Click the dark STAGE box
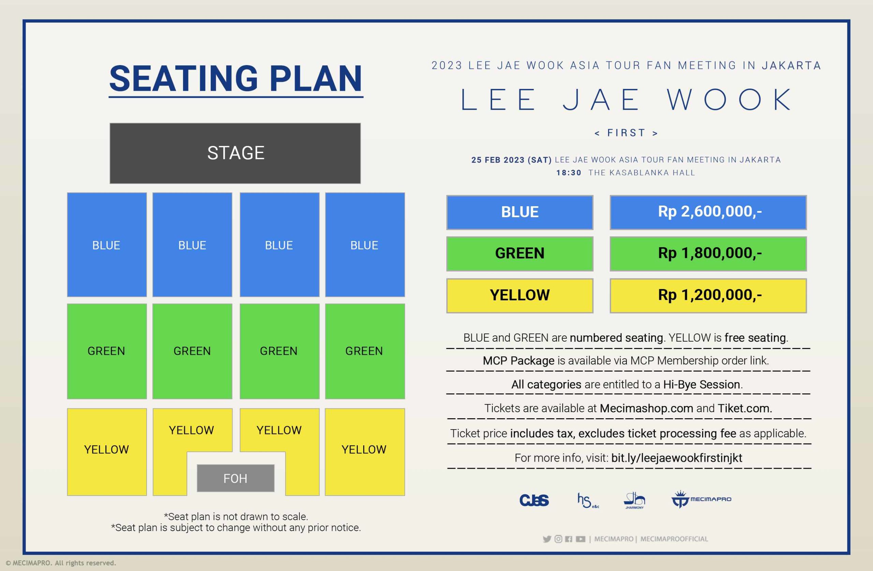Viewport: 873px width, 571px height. (x=235, y=153)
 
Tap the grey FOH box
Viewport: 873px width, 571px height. (x=236, y=478)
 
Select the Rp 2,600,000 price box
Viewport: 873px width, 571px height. (x=708, y=212)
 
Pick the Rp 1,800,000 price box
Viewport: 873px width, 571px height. (x=708, y=254)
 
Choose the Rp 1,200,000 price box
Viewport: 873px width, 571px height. (x=708, y=296)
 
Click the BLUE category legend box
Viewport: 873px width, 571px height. (x=520, y=212)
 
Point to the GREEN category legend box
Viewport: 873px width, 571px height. (x=520, y=254)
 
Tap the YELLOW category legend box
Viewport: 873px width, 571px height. (x=520, y=296)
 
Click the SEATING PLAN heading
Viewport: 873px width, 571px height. (x=236, y=79)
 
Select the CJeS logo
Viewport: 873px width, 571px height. (x=534, y=500)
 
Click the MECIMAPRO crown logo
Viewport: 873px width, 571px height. (x=701, y=499)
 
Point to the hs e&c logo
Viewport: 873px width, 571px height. (x=588, y=500)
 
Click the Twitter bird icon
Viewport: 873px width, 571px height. (x=547, y=539)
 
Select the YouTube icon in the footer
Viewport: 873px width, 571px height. (x=581, y=539)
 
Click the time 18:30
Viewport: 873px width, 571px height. (x=568, y=173)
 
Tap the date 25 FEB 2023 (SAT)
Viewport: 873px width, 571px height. (x=511, y=160)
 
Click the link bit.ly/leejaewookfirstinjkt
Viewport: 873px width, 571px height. (x=677, y=458)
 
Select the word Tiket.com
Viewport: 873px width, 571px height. (x=745, y=408)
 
